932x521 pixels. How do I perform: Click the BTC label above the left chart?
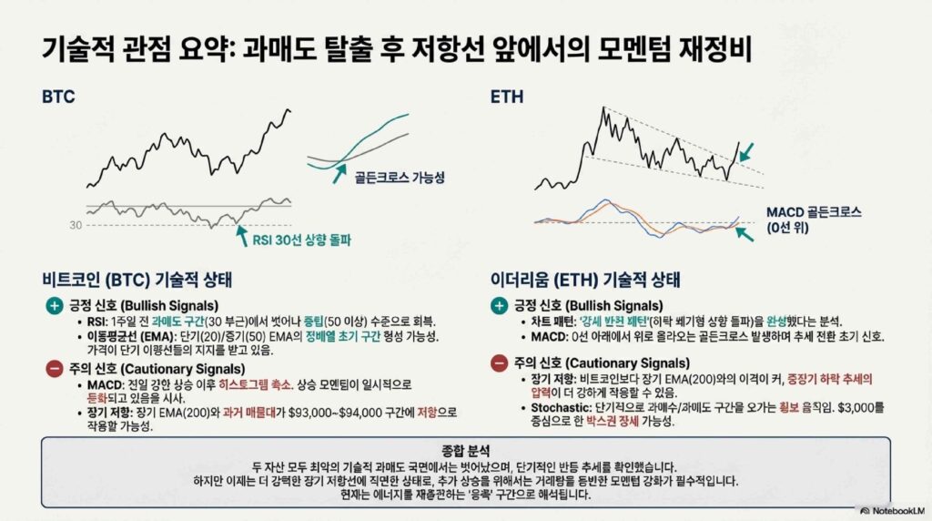[58, 97]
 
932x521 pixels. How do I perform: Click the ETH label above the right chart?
[507, 97]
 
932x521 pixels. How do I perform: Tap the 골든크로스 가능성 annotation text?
[400, 178]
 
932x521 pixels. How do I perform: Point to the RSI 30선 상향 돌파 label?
[301, 240]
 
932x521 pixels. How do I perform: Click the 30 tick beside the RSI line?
[76, 225]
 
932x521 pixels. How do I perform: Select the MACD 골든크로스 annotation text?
[813, 212]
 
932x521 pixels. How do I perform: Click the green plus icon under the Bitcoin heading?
[54, 306]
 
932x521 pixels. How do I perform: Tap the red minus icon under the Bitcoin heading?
[54, 369]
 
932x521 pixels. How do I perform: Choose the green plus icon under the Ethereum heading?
[499, 306]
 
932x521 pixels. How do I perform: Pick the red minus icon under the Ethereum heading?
[499, 363]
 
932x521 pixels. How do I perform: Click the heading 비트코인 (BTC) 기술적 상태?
[137, 280]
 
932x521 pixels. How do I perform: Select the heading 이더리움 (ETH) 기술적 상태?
[585, 280]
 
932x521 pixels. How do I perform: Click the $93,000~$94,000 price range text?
[335, 413]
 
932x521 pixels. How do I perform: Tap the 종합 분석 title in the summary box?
[466, 451]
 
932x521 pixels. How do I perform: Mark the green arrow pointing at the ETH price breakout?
[746, 152]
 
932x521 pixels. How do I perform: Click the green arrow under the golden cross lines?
[339, 174]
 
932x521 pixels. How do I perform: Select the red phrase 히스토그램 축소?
[255, 384]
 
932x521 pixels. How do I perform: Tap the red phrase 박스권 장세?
[613, 422]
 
